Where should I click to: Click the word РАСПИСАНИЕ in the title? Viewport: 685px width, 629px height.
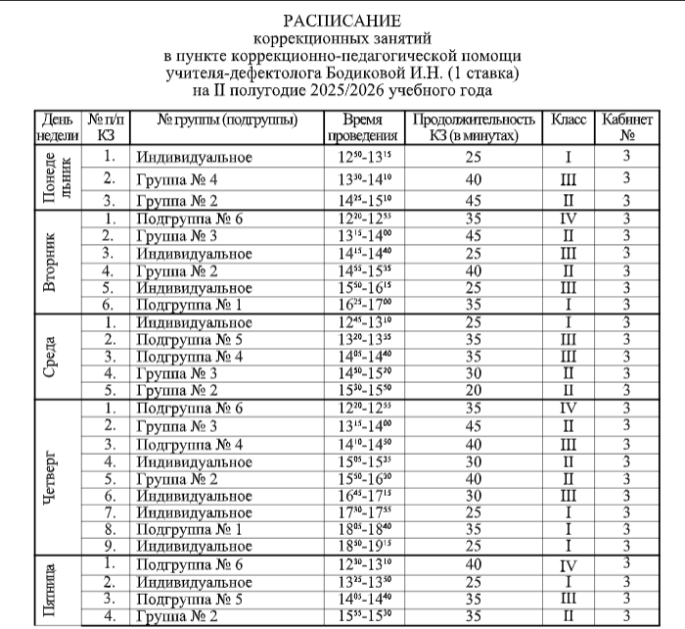[342, 21]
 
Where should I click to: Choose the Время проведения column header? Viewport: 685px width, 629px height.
[362, 127]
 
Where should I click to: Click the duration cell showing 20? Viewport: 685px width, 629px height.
[473, 390]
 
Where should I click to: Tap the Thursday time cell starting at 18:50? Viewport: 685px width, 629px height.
[362, 545]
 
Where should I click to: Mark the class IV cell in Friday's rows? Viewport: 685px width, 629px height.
[569, 565]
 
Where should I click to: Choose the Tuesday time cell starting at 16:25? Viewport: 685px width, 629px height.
[362, 305]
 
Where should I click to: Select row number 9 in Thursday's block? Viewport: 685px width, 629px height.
[112, 545]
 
